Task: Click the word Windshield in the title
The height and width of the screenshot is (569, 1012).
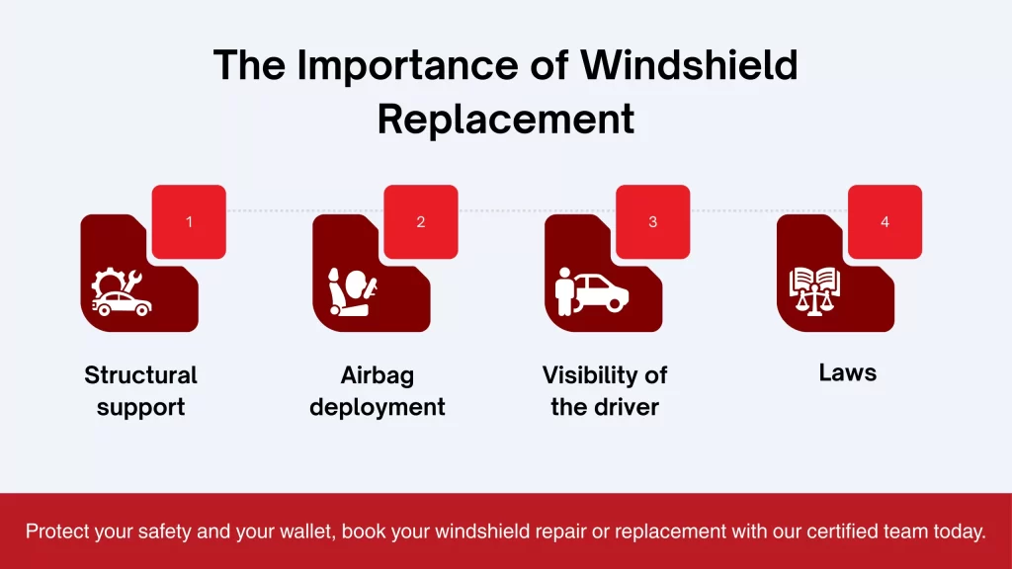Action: point(689,66)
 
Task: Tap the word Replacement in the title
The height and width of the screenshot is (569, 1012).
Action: point(506,119)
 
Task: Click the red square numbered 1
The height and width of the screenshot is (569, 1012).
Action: point(189,221)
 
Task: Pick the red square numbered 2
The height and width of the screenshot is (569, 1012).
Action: point(420,221)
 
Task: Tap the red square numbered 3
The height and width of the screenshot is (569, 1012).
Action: point(652,221)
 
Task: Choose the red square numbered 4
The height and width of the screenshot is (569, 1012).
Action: point(885,221)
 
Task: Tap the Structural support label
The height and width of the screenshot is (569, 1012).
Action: point(140,390)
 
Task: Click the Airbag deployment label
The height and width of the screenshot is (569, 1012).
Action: point(377,390)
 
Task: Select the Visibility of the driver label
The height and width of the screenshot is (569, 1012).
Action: point(604,390)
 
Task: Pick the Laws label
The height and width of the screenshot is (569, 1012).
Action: point(847,373)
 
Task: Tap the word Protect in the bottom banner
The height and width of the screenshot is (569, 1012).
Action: point(55,531)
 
